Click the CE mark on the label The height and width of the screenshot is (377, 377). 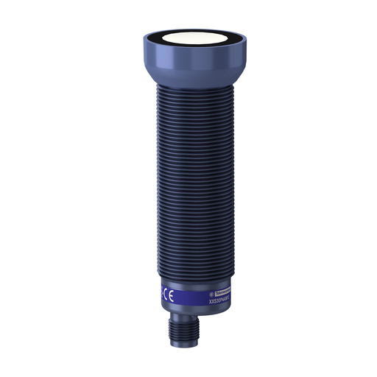170,297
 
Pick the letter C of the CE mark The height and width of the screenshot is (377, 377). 166,296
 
